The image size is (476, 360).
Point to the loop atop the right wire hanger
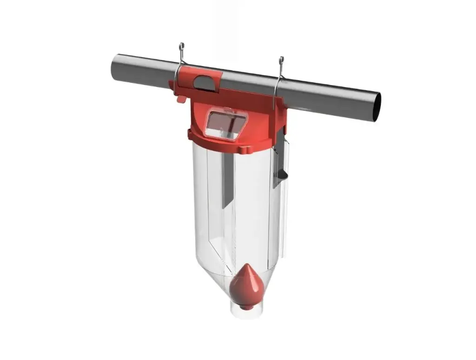click(281, 60)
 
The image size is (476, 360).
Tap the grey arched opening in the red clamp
click(204, 82)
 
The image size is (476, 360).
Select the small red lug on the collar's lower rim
click(245, 150)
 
